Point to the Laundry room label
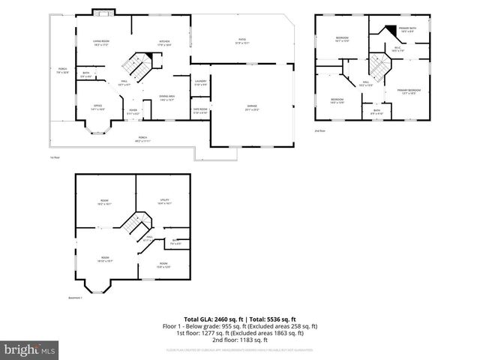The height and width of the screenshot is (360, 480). click(x=200, y=82)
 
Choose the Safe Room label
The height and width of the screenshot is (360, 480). click(x=200, y=111)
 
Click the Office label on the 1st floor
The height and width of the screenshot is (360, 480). click(x=97, y=107)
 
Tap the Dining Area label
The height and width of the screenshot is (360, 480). click(x=166, y=97)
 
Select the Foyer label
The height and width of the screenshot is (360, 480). click(x=133, y=112)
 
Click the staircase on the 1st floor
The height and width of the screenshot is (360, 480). click(x=137, y=66)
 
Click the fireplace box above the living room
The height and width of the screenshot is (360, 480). click(x=101, y=12)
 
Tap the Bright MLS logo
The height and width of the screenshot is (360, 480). click(x=30, y=349)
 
